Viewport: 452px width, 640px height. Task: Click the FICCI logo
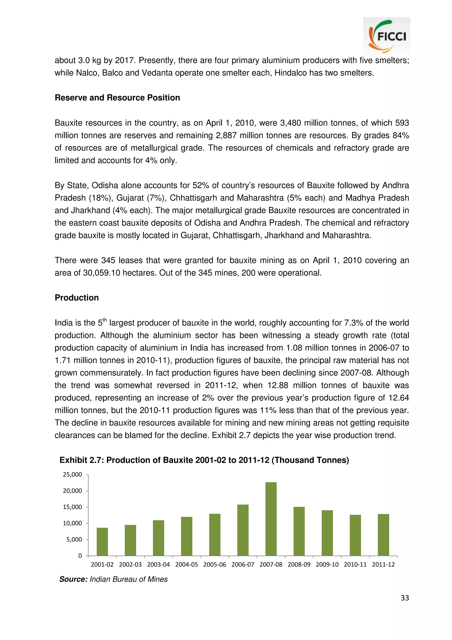click(386, 36)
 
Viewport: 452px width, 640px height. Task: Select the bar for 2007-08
click(271, 519)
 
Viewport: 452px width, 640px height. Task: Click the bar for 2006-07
click(243, 530)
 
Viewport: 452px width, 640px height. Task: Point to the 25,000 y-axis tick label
click(72, 475)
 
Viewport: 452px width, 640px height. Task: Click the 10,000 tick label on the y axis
click(72, 523)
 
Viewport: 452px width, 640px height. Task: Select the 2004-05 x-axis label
click(186, 564)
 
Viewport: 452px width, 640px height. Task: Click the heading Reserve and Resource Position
click(117, 98)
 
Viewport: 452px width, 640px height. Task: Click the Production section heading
click(77, 298)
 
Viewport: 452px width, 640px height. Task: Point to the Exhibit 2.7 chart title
click(204, 460)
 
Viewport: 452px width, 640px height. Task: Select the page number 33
click(405, 598)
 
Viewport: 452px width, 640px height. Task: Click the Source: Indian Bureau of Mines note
click(113, 579)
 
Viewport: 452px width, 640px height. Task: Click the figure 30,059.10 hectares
click(102, 273)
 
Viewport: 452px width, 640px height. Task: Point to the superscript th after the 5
click(105, 320)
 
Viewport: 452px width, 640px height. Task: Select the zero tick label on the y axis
click(80, 556)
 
